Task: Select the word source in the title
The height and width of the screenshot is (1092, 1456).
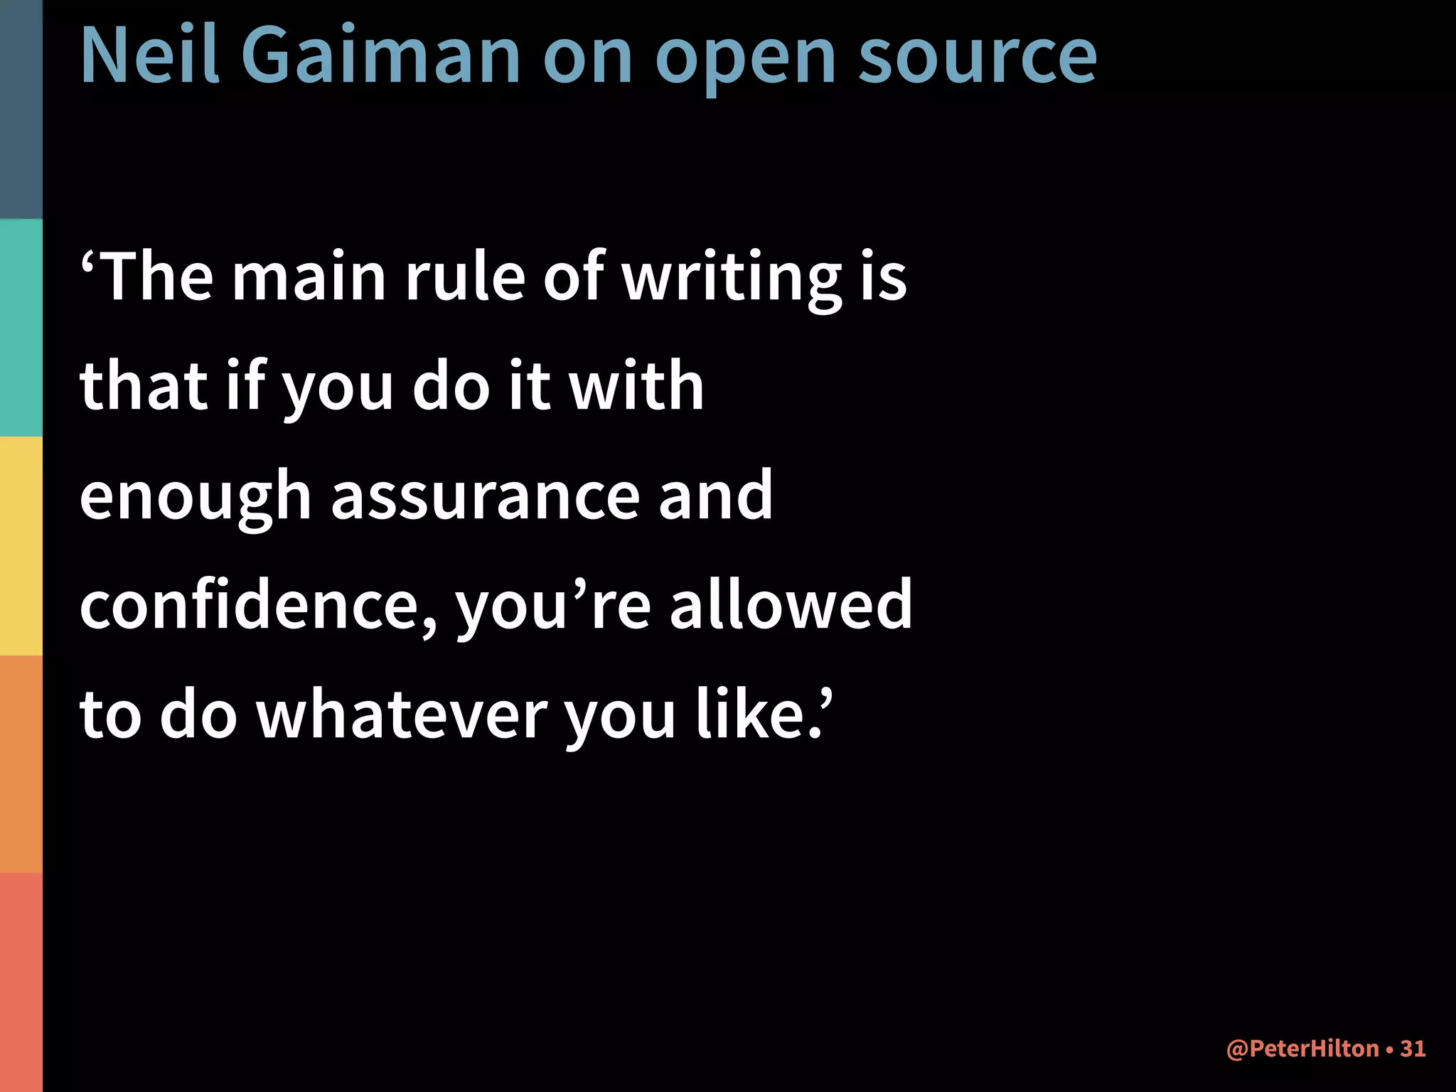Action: coord(978,57)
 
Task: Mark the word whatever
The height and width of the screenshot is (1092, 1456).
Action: coord(402,714)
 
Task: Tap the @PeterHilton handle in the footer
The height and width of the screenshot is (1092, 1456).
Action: coord(1302,1049)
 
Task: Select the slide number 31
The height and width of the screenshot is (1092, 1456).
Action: coord(1413,1049)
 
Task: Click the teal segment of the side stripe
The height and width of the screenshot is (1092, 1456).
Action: coord(21,327)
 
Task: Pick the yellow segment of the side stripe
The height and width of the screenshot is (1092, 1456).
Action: coord(21,546)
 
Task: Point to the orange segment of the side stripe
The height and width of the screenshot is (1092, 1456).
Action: coord(21,764)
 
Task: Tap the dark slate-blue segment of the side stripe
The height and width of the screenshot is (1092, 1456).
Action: coord(21,109)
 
